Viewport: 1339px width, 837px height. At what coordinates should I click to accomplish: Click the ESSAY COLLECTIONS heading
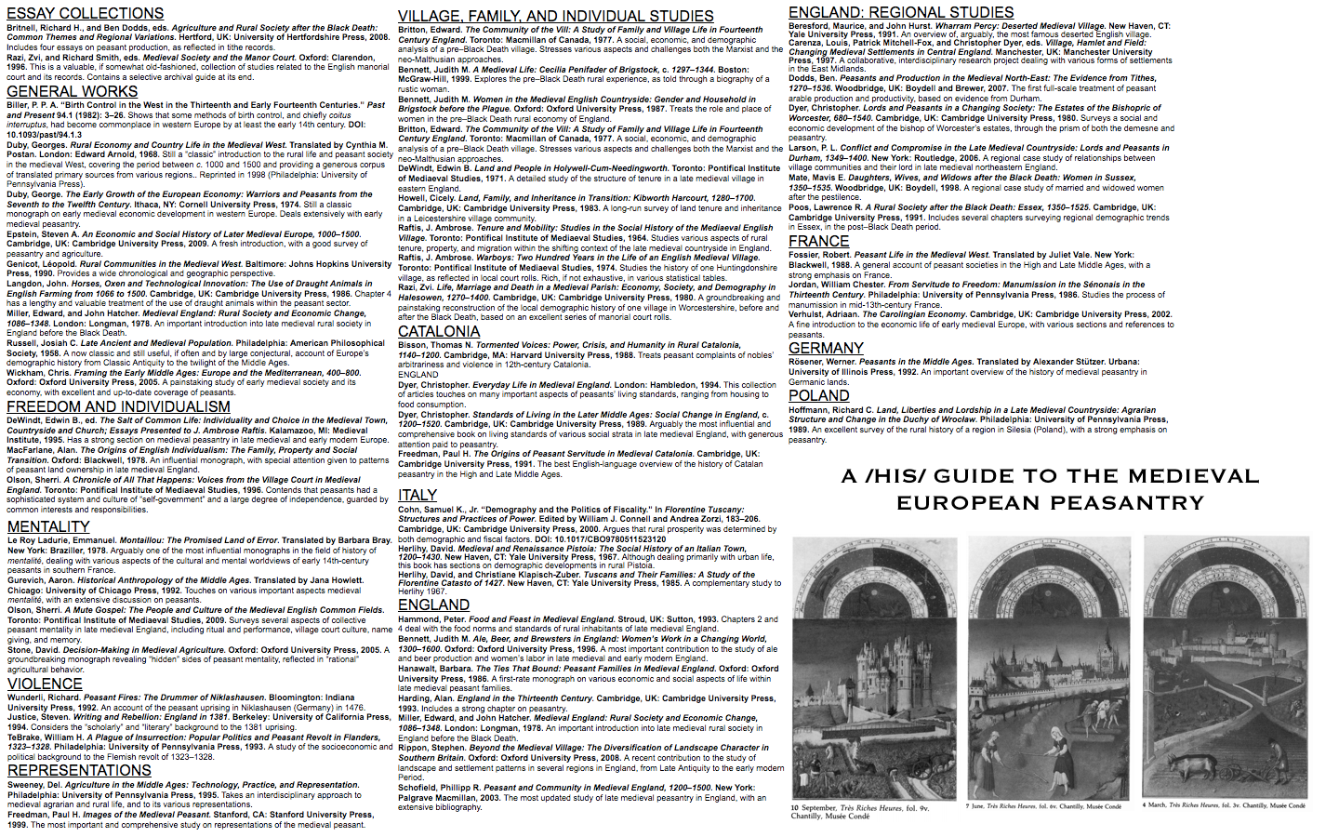tap(85, 13)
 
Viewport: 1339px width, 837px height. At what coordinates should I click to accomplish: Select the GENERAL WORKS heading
tap(72, 91)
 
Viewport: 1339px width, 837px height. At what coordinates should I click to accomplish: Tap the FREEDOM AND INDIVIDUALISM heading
tap(118, 406)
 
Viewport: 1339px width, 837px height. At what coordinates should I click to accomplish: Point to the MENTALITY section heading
tap(47, 526)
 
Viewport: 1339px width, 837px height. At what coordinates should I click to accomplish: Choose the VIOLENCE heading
tap(45, 684)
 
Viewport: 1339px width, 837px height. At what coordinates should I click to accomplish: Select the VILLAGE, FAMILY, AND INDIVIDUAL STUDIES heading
tap(555, 16)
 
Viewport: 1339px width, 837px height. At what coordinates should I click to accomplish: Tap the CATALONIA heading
tap(439, 331)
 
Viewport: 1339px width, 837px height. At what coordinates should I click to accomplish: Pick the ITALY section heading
tap(418, 495)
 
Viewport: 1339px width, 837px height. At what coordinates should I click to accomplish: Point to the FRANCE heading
tap(818, 241)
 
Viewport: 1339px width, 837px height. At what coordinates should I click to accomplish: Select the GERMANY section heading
tap(826, 348)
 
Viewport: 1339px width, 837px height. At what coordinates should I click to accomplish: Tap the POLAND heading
tap(818, 395)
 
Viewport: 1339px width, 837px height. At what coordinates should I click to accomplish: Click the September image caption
tap(858, 811)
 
